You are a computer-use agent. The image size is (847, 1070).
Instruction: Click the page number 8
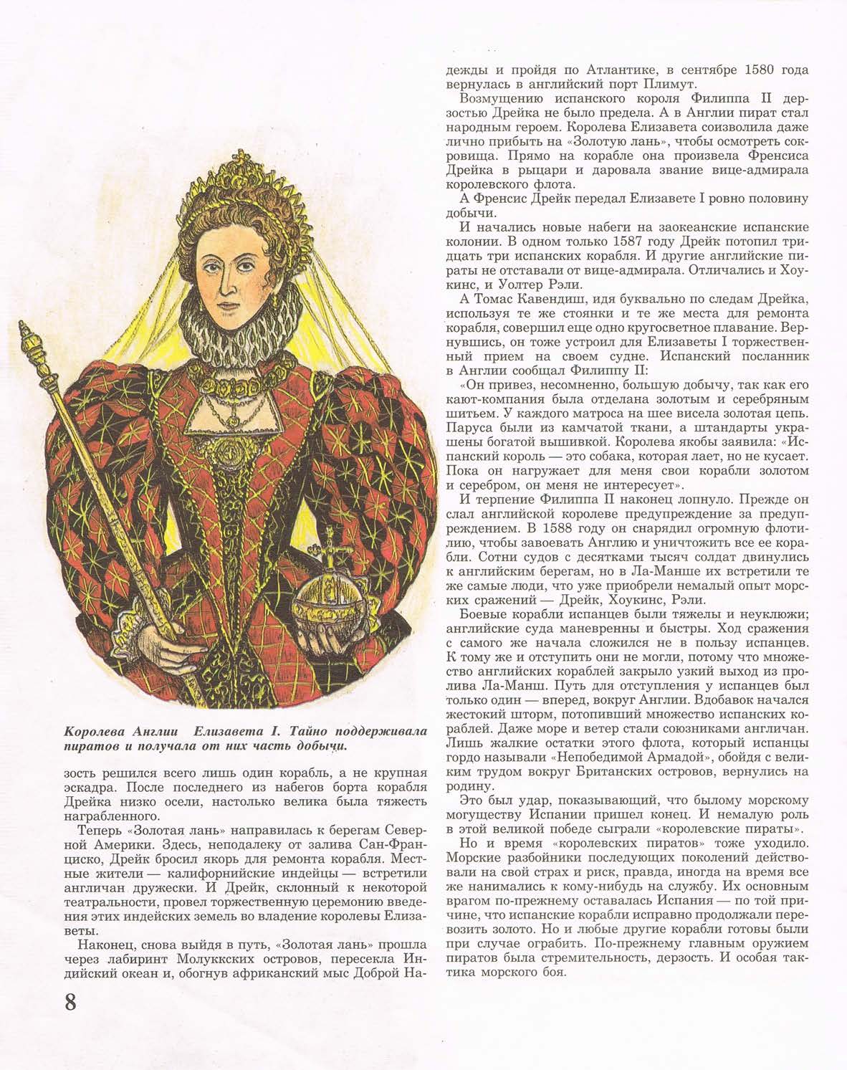(x=70, y=1001)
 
